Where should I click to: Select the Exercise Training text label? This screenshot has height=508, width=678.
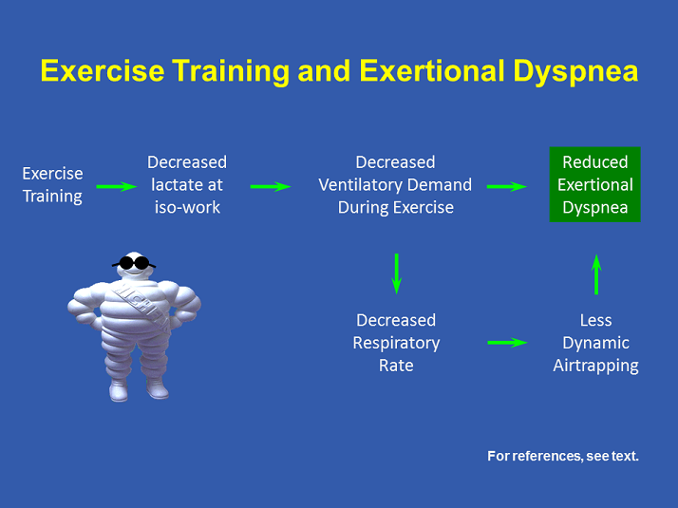tap(52, 185)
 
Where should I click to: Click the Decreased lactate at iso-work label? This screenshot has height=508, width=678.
tap(187, 184)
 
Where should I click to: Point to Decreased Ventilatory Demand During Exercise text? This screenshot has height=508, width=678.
tap(395, 184)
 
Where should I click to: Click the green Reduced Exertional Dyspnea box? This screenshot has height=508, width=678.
tap(595, 184)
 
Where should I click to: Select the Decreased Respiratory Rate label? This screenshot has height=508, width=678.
tap(396, 343)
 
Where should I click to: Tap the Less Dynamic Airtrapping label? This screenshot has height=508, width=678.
tap(595, 343)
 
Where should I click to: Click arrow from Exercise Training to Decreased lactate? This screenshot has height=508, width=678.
tap(116, 186)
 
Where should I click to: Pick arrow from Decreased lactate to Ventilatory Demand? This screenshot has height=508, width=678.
tap(270, 186)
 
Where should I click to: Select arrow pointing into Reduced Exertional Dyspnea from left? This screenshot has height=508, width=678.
tap(507, 186)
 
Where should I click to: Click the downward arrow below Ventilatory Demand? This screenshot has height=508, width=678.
tap(397, 273)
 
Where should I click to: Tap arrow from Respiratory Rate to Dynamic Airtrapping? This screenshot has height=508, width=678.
tap(507, 342)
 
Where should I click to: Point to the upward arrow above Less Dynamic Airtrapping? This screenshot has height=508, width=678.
tap(596, 273)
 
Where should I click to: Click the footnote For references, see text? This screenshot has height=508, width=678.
tap(563, 457)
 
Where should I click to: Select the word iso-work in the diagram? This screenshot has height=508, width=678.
tap(187, 207)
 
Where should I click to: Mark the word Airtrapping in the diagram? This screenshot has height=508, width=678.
tap(595, 366)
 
